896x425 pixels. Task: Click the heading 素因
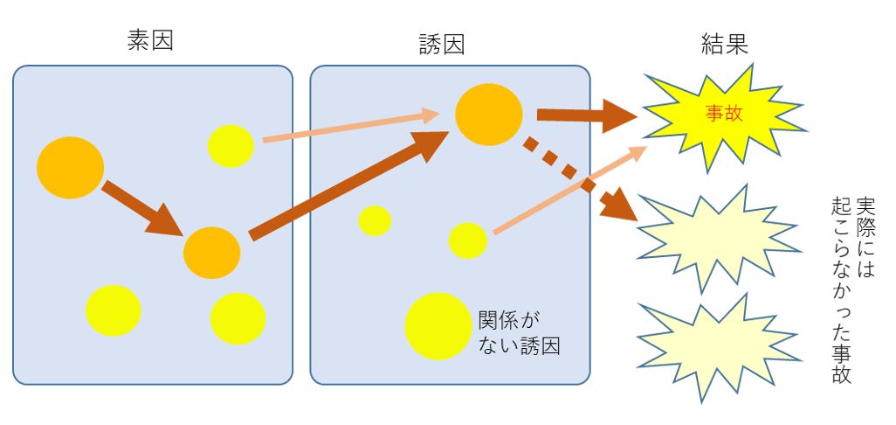point(150,40)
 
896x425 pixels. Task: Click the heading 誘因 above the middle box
point(440,45)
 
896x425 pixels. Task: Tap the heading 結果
point(724,44)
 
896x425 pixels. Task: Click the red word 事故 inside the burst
point(723,113)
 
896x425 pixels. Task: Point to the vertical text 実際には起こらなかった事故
point(852,289)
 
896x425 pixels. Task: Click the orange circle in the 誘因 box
point(489,115)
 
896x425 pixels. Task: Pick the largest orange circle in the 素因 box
point(71,167)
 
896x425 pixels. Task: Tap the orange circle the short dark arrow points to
point(211,252)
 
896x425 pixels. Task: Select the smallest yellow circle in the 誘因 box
point(375,220)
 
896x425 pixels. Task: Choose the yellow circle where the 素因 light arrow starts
point(231,146)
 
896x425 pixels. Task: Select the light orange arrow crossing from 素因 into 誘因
point(349,126)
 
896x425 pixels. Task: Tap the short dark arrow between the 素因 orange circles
point(140,210)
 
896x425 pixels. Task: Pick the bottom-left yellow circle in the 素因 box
point(113,310)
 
